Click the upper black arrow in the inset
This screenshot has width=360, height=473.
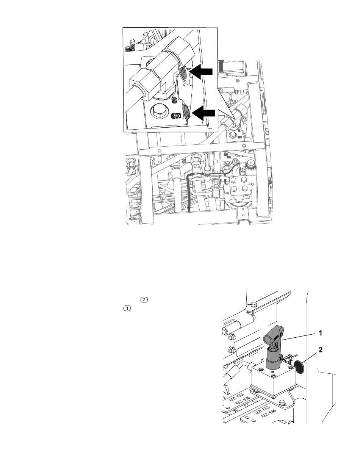click(x=202, y=72)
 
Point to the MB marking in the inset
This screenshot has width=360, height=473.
click(x=175, y=116)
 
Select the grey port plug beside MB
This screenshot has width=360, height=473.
click(x=186, y=112)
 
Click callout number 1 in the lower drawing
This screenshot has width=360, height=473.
click(x=320, y=334)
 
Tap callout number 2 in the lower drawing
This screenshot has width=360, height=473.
click(x=320, y=350)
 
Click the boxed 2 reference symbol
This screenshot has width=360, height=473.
click(x=144, y=300)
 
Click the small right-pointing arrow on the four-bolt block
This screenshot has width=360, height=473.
click(x=251, y=184)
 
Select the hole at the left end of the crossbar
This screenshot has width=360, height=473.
click(x=159, y=150)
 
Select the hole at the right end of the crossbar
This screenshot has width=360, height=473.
click(x=244, y=146)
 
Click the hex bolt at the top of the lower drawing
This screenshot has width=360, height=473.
click(x=254, y=305)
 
